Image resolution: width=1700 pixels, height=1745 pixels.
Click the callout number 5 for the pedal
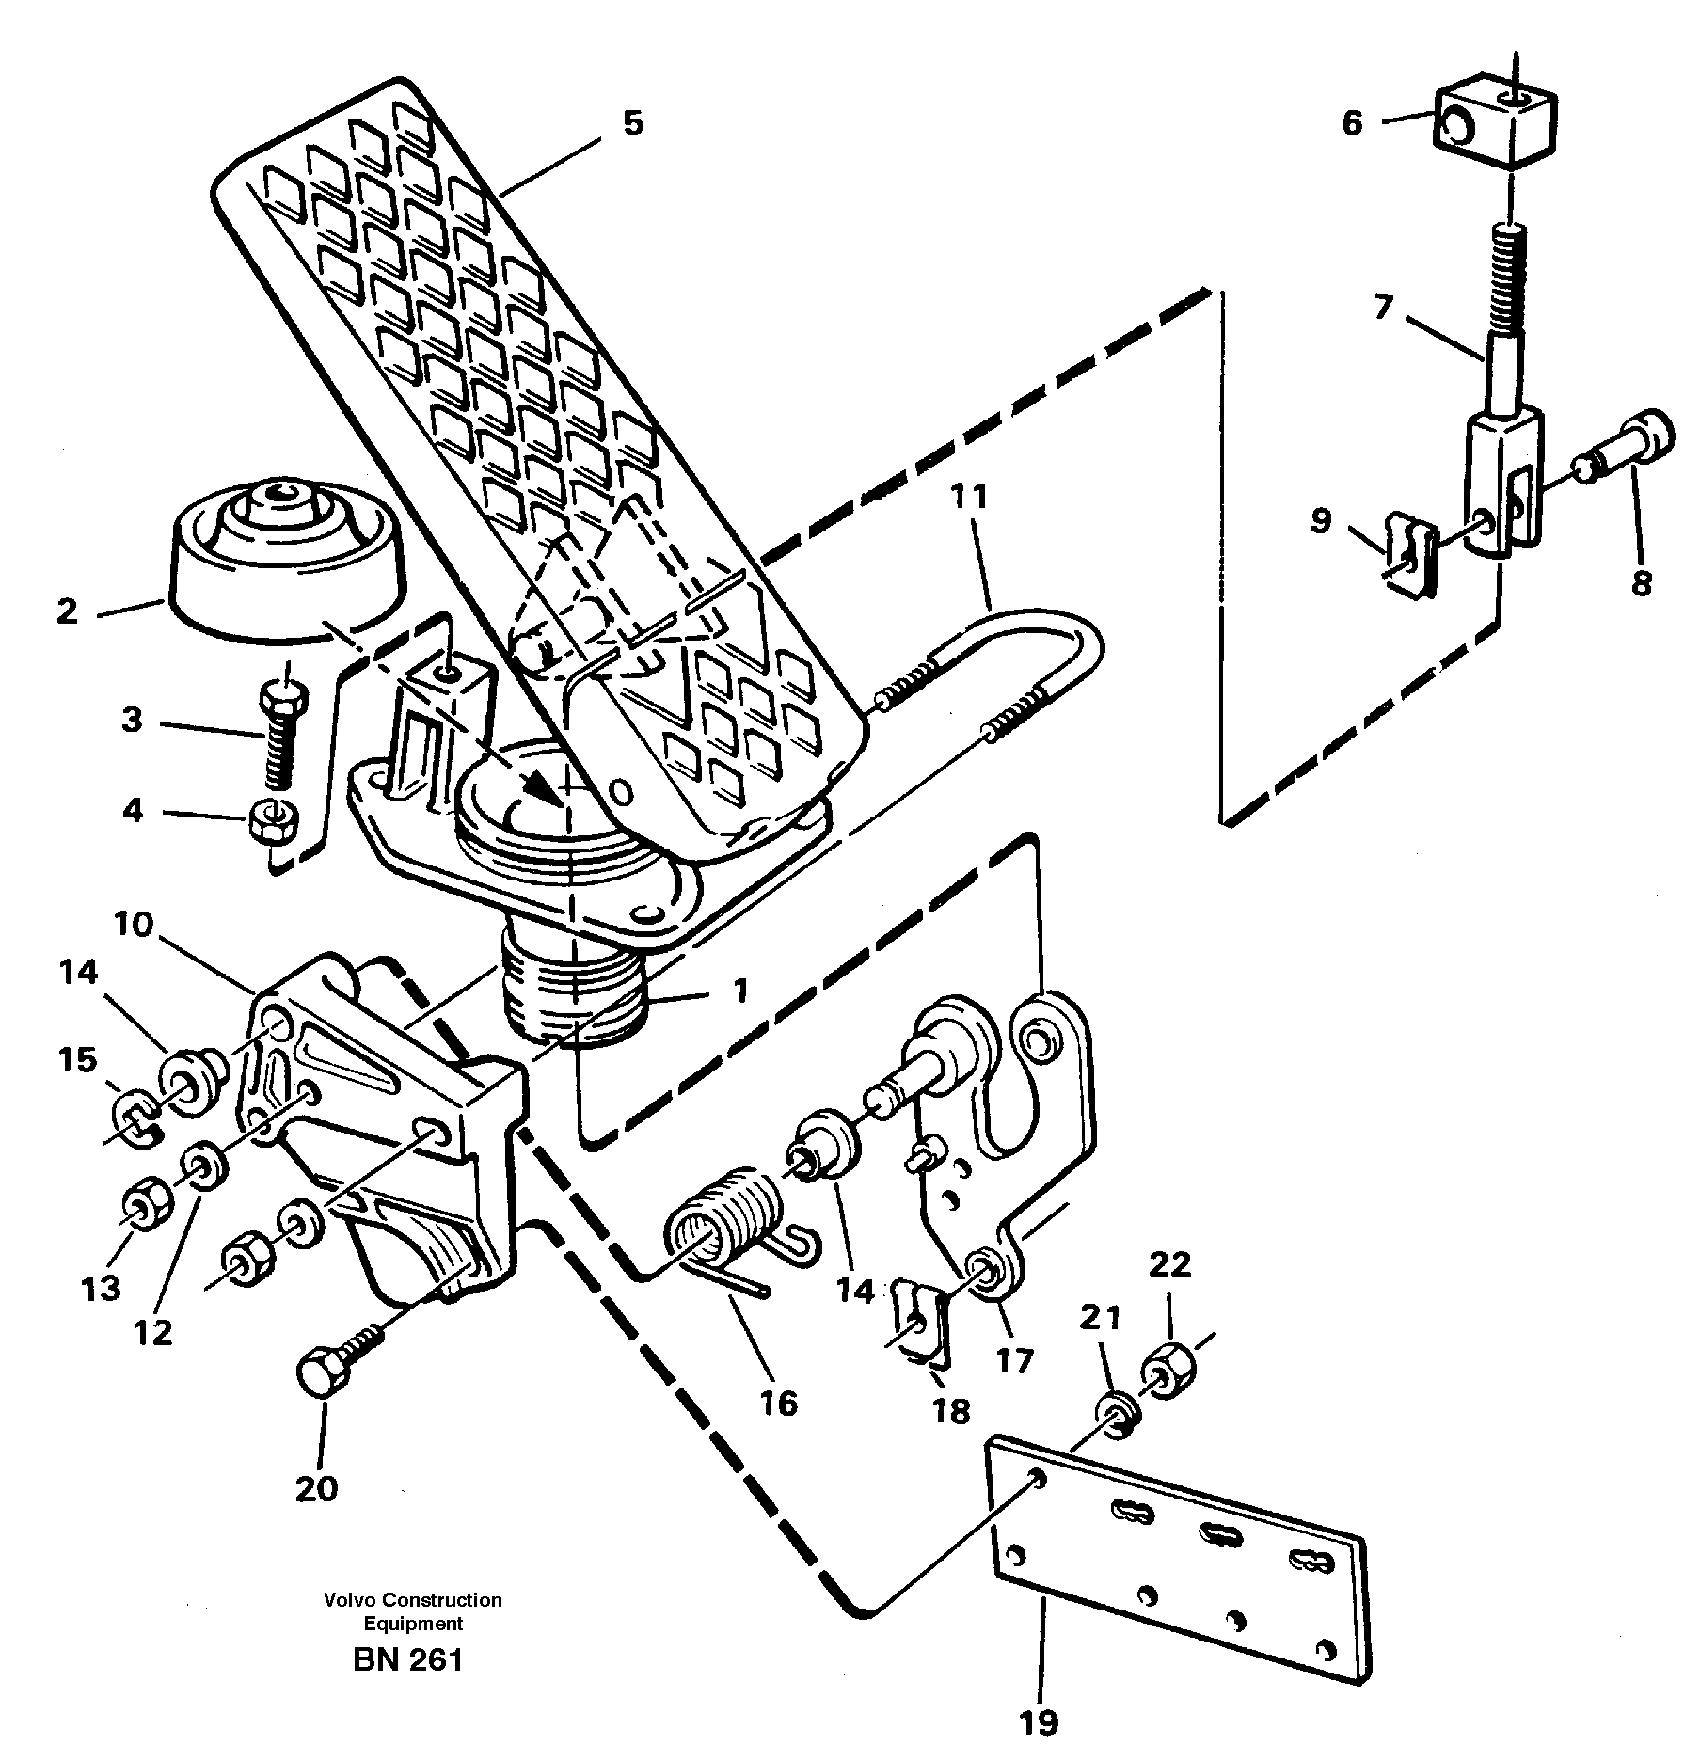632,123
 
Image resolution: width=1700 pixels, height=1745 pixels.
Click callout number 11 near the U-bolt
969,497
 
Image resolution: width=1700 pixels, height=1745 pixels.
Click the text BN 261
407,1660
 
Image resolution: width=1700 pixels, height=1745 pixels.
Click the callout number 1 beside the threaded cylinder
740,991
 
